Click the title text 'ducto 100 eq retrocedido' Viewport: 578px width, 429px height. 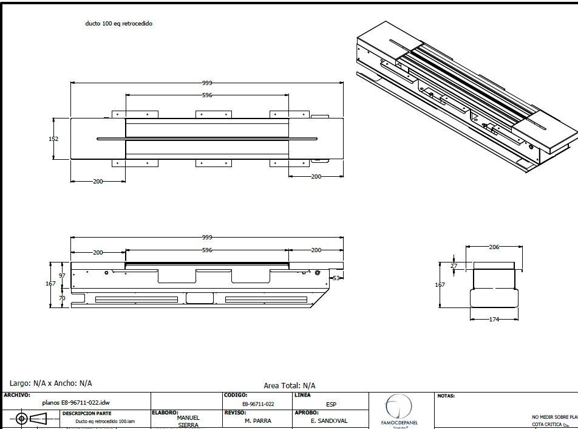pos(119,24)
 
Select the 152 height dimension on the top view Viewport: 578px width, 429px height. pos(53,139)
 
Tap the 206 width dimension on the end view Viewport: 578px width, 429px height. pos(494,247)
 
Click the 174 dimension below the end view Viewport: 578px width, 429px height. pos(494,320)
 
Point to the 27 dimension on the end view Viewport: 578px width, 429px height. pos(454,266)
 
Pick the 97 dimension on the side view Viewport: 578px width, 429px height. pos(62,276)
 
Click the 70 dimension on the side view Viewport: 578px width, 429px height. pos(62,298)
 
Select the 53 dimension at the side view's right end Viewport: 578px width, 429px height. pos(336,278)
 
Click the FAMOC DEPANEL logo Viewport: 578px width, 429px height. pos(399,411)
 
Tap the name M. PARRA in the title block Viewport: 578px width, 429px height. pos(257,420)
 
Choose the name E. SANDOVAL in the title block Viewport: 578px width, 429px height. pos(330,420)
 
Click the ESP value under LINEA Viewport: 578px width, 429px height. pos(331,404)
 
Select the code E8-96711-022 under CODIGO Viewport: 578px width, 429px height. pos(258,404)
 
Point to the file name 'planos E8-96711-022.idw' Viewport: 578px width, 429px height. pos(76,402)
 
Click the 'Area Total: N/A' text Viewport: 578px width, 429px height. pos(290,385)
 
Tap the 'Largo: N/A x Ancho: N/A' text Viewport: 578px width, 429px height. pos(51,383)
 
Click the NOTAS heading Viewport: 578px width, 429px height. pos(446,396)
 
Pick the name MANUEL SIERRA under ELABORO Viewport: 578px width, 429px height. pos(188,421)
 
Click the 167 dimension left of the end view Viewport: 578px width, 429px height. pos(440,284)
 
